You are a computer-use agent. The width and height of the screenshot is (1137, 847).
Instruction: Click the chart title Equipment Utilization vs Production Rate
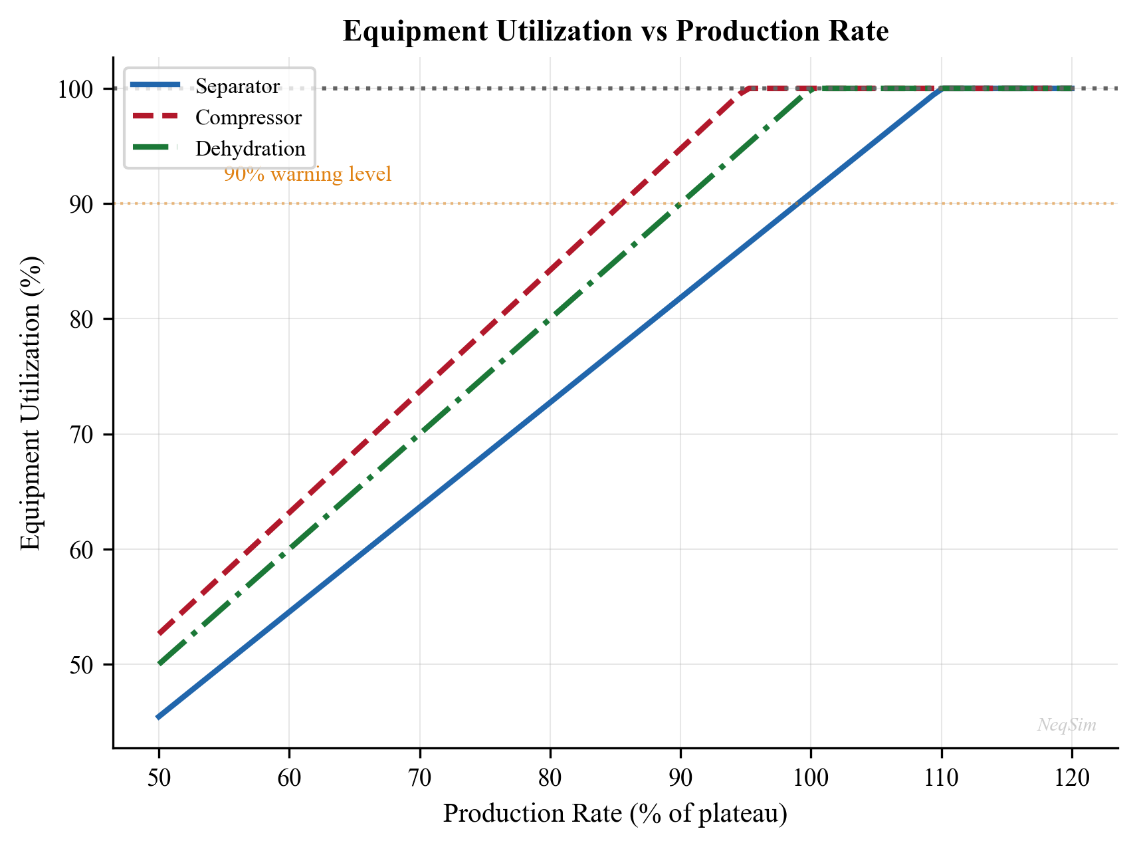pos(615,31)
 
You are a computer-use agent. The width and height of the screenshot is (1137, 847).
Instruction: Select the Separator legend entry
pos(237,86)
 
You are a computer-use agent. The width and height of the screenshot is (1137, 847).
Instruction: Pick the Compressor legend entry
pos(248,118)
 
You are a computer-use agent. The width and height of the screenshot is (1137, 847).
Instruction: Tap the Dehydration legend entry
pos(250,149)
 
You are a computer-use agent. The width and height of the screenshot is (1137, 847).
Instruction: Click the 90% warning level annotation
pos(308,175)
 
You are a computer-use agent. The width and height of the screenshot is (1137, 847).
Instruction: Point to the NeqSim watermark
pos(1067,725)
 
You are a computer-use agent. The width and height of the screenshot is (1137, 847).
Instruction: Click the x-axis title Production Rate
pos(615,813)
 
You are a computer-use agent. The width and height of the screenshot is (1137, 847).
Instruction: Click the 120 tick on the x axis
pos(1071,777)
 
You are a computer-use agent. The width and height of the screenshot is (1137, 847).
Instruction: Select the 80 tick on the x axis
pos(550,777)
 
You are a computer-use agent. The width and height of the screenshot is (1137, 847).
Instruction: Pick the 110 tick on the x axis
pos(941,777)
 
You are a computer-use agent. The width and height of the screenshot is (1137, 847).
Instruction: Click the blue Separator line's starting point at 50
pos(159,717)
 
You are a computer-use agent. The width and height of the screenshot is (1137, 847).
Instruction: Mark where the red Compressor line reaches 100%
pos(751,88)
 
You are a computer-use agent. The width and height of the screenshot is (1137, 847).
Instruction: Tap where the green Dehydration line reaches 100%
pos(811,88)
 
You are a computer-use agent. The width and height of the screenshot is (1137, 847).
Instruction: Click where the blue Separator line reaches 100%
pos(941,88)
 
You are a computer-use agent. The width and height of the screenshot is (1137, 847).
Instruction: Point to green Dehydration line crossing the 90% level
pos(680,203)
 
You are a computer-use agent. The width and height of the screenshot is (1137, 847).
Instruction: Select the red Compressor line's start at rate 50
pos(159,634)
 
